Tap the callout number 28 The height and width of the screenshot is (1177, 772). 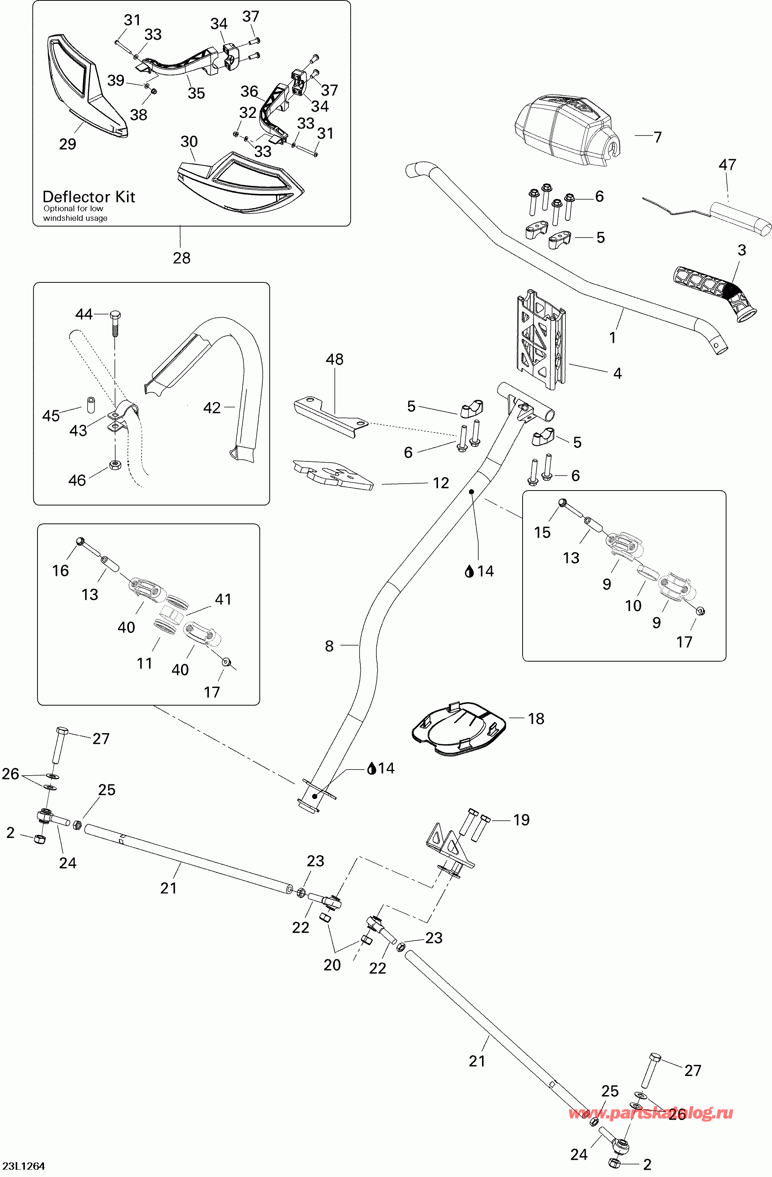(x=181, y=258)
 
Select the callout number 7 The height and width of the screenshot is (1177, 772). (x=657, y=137)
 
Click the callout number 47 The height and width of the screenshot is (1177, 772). (x=727, y=164)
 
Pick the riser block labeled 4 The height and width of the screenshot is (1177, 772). (x=541, y=339)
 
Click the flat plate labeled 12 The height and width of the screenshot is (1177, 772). (x=332, y=475)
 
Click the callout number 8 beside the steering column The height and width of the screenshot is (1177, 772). (x=329, y=646)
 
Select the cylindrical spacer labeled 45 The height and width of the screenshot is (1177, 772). (x=92, y=404)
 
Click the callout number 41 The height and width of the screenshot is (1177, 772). (x=223, y=599)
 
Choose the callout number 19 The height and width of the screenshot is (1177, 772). (x=521, y=820)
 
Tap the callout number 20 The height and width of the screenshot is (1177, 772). (x=332, y=965)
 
